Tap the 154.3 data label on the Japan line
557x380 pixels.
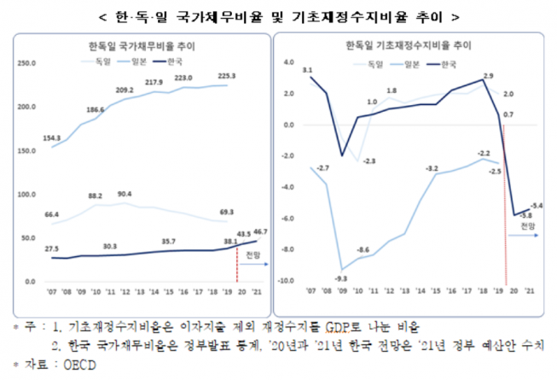point(54,137)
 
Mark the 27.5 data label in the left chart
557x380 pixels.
point(53,248)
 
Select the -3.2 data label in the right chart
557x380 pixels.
point(433,167)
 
